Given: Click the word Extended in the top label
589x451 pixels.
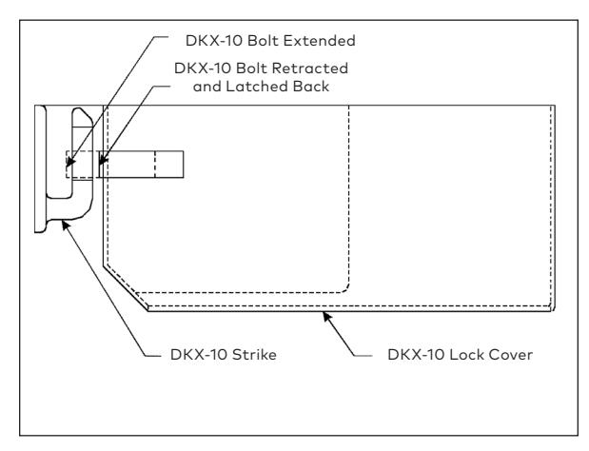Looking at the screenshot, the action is point(319,41).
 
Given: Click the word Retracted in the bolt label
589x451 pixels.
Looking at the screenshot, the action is point(310,69).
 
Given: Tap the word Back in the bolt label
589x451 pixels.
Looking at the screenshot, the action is point(311,87).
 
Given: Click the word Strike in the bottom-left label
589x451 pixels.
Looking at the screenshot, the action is point(254,355).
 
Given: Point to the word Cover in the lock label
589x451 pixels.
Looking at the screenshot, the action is point(510,355).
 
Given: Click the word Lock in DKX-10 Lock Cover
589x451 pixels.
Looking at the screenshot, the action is point(466,355).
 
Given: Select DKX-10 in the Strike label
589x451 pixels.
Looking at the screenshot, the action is point(199,355).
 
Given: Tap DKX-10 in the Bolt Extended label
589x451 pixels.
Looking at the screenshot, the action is point(214,41).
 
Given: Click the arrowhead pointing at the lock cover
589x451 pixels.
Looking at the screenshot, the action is point(326,316).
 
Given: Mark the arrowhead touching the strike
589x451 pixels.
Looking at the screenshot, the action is point(65,225).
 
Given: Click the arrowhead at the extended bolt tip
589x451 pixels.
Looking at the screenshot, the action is point(69,163).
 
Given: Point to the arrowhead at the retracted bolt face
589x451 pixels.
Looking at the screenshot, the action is point(102,161).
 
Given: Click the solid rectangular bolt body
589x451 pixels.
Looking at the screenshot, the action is point(141,164).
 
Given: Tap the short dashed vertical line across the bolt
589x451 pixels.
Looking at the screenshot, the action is point(155,164).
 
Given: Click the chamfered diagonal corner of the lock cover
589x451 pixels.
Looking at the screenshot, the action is point(126,288).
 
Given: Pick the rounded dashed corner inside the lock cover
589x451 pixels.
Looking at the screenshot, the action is point(344,288).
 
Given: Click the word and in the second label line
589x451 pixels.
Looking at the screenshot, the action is point(207,87).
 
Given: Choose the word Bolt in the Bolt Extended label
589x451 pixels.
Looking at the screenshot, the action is point(263,41).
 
